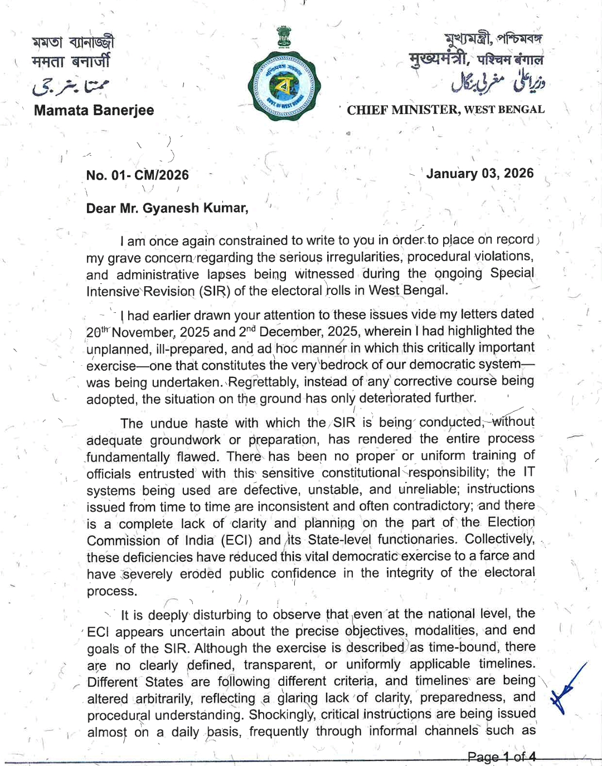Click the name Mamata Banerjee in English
[x=94, y=110]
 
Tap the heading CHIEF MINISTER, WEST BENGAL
[x=445, y=110]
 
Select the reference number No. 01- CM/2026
[x=137, y=175]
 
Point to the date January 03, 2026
[x=479, y=174]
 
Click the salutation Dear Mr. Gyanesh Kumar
[x=167, y=208]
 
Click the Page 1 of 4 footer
[x=502, y=757]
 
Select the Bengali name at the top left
[x=72, y=42]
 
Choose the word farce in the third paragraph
[x=489, y=556]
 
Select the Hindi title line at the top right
[x=475, y=60]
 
